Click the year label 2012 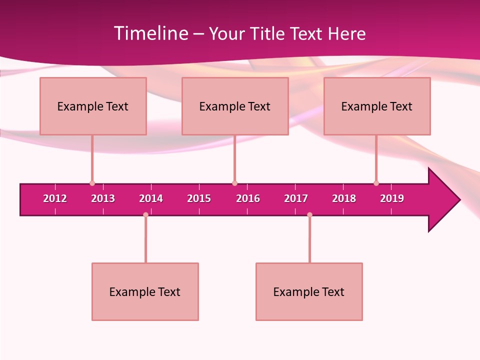[55, 198]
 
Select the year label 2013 [103, 198]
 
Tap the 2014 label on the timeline [151, 198]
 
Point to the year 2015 [199, 198]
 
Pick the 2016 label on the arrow [248, 198]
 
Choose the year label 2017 [296, 198]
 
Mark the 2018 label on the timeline [344, 198]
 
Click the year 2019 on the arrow [392, 198]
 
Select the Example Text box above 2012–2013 [93, 106]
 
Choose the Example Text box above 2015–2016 [235, 106]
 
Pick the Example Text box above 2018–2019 [377, 106]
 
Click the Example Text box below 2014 [145, 291]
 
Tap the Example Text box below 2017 [309, 291]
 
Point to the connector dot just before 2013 [92, 183]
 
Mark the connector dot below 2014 [145, 214]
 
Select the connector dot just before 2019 [376, 183]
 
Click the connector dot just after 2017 [309, 214]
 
